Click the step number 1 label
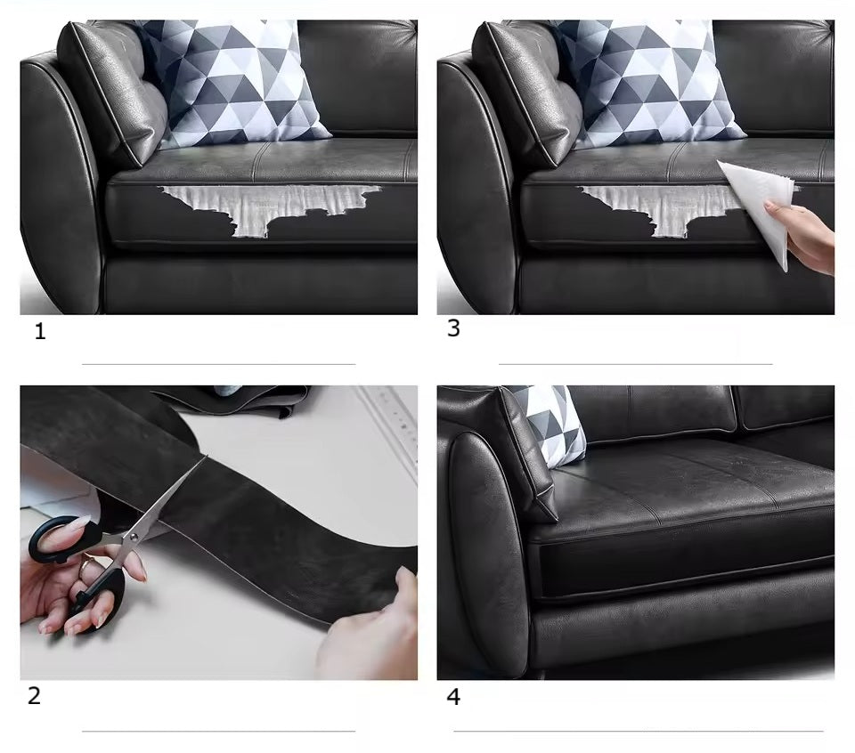(x=40, y=331)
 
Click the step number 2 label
(x=34, y=696)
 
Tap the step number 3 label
(x=453, y=328)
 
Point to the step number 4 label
(x=453, y=696)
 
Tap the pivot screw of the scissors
(x=132, y=538)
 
